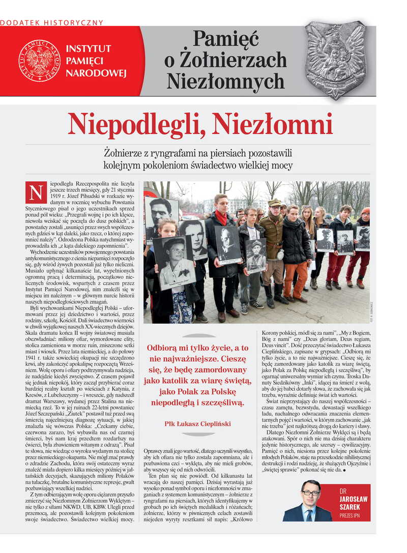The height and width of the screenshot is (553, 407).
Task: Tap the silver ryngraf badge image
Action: [336, 60]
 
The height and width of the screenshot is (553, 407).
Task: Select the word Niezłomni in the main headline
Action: [270, 124]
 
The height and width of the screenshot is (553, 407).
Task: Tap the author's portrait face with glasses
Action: [310, 491]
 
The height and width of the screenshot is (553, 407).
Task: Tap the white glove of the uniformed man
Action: [280, 254]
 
